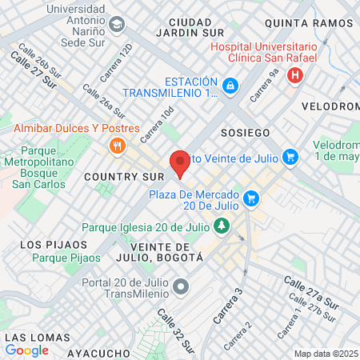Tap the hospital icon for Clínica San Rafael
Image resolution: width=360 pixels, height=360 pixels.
(x=295, y=76)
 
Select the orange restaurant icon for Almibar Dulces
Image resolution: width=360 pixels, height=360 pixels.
(x=118, y=146)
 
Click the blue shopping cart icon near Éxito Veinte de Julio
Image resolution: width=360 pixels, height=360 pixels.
(x=290, y=157)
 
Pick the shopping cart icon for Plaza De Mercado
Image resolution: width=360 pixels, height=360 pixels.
(x=251, y=197)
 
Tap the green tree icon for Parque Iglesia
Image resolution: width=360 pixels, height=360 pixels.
(x=222, y=227)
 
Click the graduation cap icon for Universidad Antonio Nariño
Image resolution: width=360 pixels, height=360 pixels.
(x=117, y=24)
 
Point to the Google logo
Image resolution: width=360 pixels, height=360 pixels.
(x=26, y=350)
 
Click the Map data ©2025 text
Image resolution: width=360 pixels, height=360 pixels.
(x=326, y=354)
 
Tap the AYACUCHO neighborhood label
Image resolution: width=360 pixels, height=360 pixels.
(x=98, y=353)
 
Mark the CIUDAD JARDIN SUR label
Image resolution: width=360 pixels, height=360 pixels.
(x=190, y=26)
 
